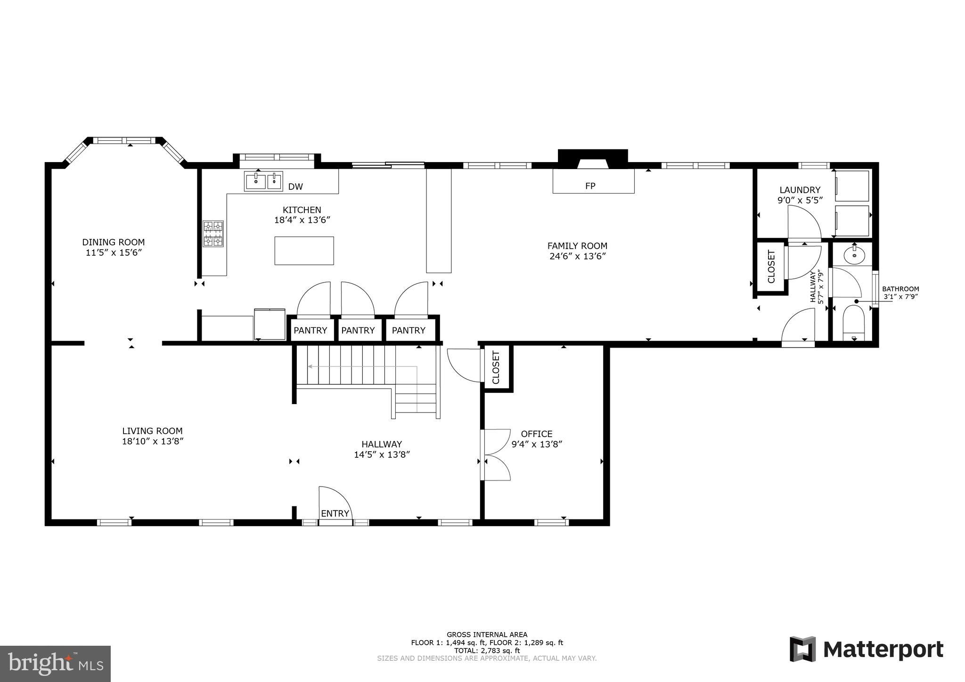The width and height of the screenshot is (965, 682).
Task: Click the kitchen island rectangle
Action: (304, 251)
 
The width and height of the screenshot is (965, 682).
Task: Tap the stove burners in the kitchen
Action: (213, 234)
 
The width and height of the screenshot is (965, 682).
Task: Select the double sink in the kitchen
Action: (263, 181)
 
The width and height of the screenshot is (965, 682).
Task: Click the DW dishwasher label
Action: (295, 187)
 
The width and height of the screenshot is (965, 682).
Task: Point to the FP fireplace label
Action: (590, 186)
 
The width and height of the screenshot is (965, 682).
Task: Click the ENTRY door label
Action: (335, 513)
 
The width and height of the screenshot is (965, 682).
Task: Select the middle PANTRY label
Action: (358, 330)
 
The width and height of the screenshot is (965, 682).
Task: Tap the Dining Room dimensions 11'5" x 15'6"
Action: (114, 252)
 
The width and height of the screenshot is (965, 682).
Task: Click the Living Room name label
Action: (152, 430)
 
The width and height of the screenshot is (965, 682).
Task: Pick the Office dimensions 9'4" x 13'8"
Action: (537, 444)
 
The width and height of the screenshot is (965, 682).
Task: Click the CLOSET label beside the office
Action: (496, 367)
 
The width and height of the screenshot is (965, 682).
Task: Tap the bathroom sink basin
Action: (854, 256)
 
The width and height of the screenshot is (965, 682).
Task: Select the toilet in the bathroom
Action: (853, 323)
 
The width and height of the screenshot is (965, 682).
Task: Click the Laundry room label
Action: (800, 190)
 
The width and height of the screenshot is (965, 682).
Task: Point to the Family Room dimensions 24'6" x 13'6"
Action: (577, 256)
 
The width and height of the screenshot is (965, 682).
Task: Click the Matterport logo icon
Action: (803, 649)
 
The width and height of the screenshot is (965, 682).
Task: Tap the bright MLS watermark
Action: (55, 664)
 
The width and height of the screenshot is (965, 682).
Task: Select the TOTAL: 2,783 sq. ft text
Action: (487, 650)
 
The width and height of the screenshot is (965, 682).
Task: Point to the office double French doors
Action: (496, 455)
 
